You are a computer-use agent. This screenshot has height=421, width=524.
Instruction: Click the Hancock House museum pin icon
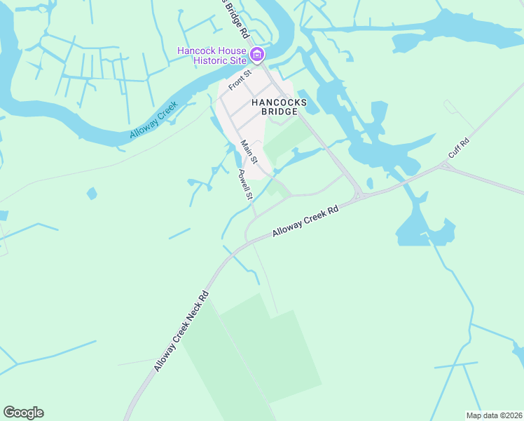click(257, 55)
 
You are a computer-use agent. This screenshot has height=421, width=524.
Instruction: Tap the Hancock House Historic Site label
click(212, 56)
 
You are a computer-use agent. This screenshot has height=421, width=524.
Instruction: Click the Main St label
click(249, 154)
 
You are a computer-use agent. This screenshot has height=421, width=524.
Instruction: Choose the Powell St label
click(244, 185)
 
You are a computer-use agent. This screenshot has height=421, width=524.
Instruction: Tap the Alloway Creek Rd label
click(305, 220)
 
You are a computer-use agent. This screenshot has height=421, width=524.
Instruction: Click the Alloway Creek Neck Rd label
click(181, 330)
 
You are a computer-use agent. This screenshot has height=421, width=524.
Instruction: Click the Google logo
click(23, 413)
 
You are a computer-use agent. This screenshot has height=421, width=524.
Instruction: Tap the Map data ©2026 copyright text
click(494, 415)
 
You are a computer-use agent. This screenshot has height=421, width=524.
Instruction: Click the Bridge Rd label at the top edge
click(234, 18)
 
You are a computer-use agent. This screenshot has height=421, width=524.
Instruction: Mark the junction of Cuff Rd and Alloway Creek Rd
click(444, 166)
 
